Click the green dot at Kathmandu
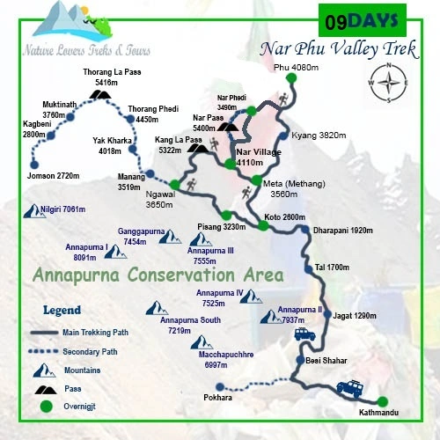pyautogui.click(x=382, y=401)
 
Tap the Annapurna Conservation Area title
pyautogui.click(x=158, y=275)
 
